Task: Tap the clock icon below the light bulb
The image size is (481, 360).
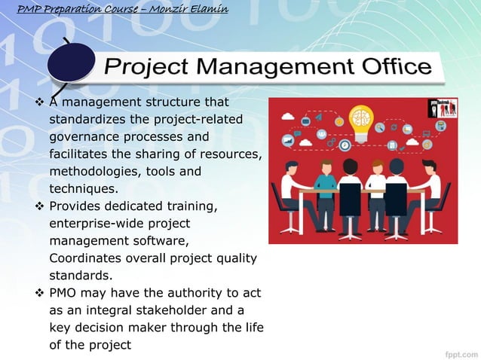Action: pyautogui.click(x=345, y=145)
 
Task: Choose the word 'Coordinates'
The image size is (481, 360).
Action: pyautogui.click(x=85, y=258)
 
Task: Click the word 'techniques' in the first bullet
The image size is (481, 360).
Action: pyautogui.click(x=82, y=189)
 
